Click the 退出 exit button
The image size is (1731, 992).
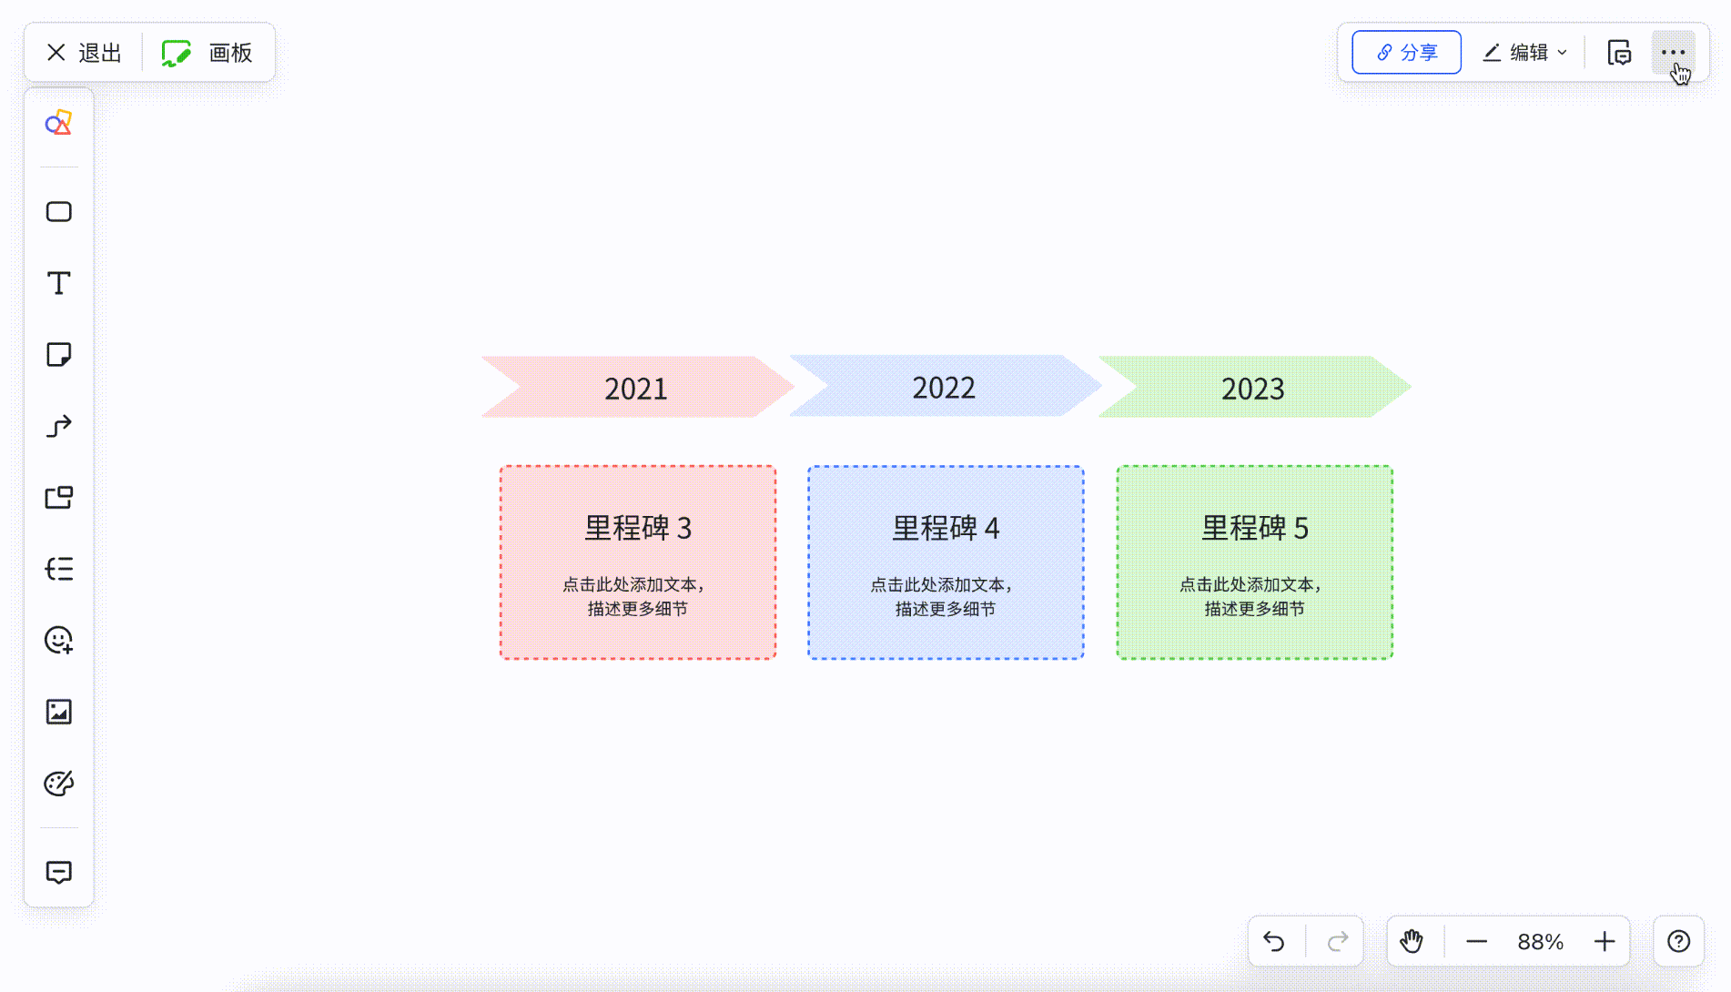84,53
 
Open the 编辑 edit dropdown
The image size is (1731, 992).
1524,53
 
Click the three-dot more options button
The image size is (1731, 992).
1674,53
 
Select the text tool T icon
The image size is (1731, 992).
59,283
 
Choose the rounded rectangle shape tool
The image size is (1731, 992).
59,212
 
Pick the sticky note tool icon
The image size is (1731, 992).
59,354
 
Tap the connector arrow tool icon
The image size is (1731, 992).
59,426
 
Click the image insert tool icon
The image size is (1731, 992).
59,712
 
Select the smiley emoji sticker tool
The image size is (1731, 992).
59,641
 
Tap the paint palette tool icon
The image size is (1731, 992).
59,784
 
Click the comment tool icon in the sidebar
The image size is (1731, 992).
59,872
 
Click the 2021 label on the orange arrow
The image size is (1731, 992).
636,389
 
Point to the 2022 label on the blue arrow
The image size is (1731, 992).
944,388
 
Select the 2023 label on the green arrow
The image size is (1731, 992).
1252,389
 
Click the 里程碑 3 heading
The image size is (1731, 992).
638,528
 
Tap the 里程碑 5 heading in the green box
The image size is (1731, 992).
1255,528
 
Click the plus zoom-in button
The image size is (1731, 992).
1604,941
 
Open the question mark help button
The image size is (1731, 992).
1678,941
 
